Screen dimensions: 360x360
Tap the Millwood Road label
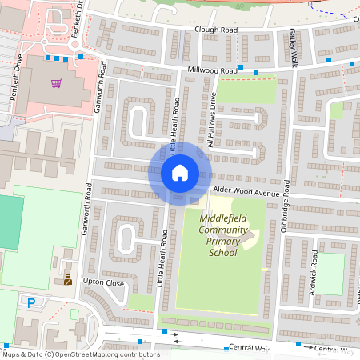(x=211, y=70)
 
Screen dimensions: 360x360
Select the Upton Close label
(x=103, y=283)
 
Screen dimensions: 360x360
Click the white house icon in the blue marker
(x=179, y=173)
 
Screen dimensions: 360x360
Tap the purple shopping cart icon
(x=56, y=83)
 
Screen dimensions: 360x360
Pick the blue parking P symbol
(x=31, y=303)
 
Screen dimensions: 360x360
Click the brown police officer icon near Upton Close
(x=68, y=279)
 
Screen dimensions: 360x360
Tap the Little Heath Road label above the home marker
(x=173, y=128)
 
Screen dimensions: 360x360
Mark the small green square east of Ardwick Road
(x=330, y=274)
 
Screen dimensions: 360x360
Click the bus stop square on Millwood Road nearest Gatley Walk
(x=255, y=73)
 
